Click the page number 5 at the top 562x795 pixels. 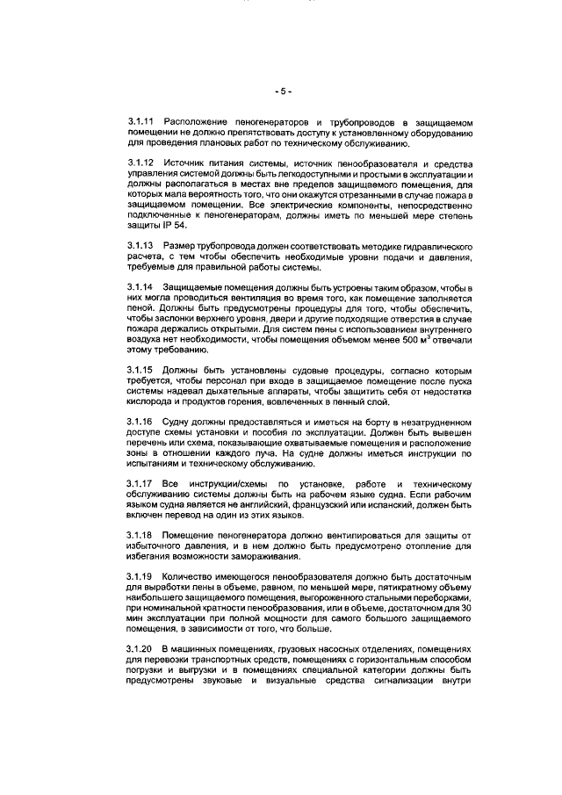click(x=281, y=90)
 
